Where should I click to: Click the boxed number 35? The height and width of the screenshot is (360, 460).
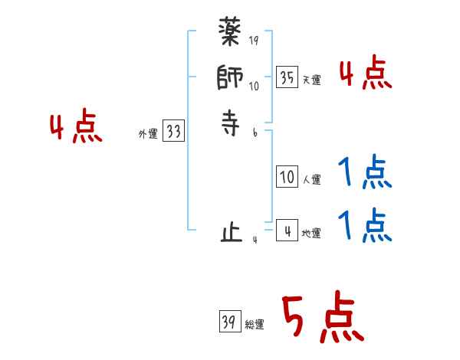point(286,77)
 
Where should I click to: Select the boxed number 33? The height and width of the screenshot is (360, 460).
point(173,132)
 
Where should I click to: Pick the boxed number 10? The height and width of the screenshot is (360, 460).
point(287,178)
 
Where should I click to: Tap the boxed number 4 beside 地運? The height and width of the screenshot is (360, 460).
point(287,231)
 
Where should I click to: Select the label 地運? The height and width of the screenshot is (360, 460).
point(311,234)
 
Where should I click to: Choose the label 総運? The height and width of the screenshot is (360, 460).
point(255,325)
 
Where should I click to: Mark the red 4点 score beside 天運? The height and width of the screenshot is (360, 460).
point(365,74)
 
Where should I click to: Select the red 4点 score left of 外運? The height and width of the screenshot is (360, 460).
point(75,127)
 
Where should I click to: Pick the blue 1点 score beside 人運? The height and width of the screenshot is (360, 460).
point(365,174)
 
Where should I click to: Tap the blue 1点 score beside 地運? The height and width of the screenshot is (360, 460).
point(365,226)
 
